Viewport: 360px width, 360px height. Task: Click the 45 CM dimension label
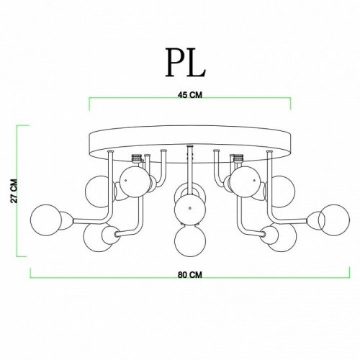coord(190,95)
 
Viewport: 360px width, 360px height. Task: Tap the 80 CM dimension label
coord(190,275)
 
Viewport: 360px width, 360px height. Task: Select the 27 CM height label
coord(14,191)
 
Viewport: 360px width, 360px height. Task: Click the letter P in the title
coord(175,62)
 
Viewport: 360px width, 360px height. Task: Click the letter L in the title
coord(196,62)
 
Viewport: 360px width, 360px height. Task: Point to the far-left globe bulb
coord(46,220)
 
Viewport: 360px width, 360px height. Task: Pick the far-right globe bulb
coord(334,220)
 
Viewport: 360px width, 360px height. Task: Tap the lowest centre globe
coord(190,240)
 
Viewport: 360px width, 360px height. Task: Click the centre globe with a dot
coord(190,209)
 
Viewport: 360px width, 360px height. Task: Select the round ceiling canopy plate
coord(190,144)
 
